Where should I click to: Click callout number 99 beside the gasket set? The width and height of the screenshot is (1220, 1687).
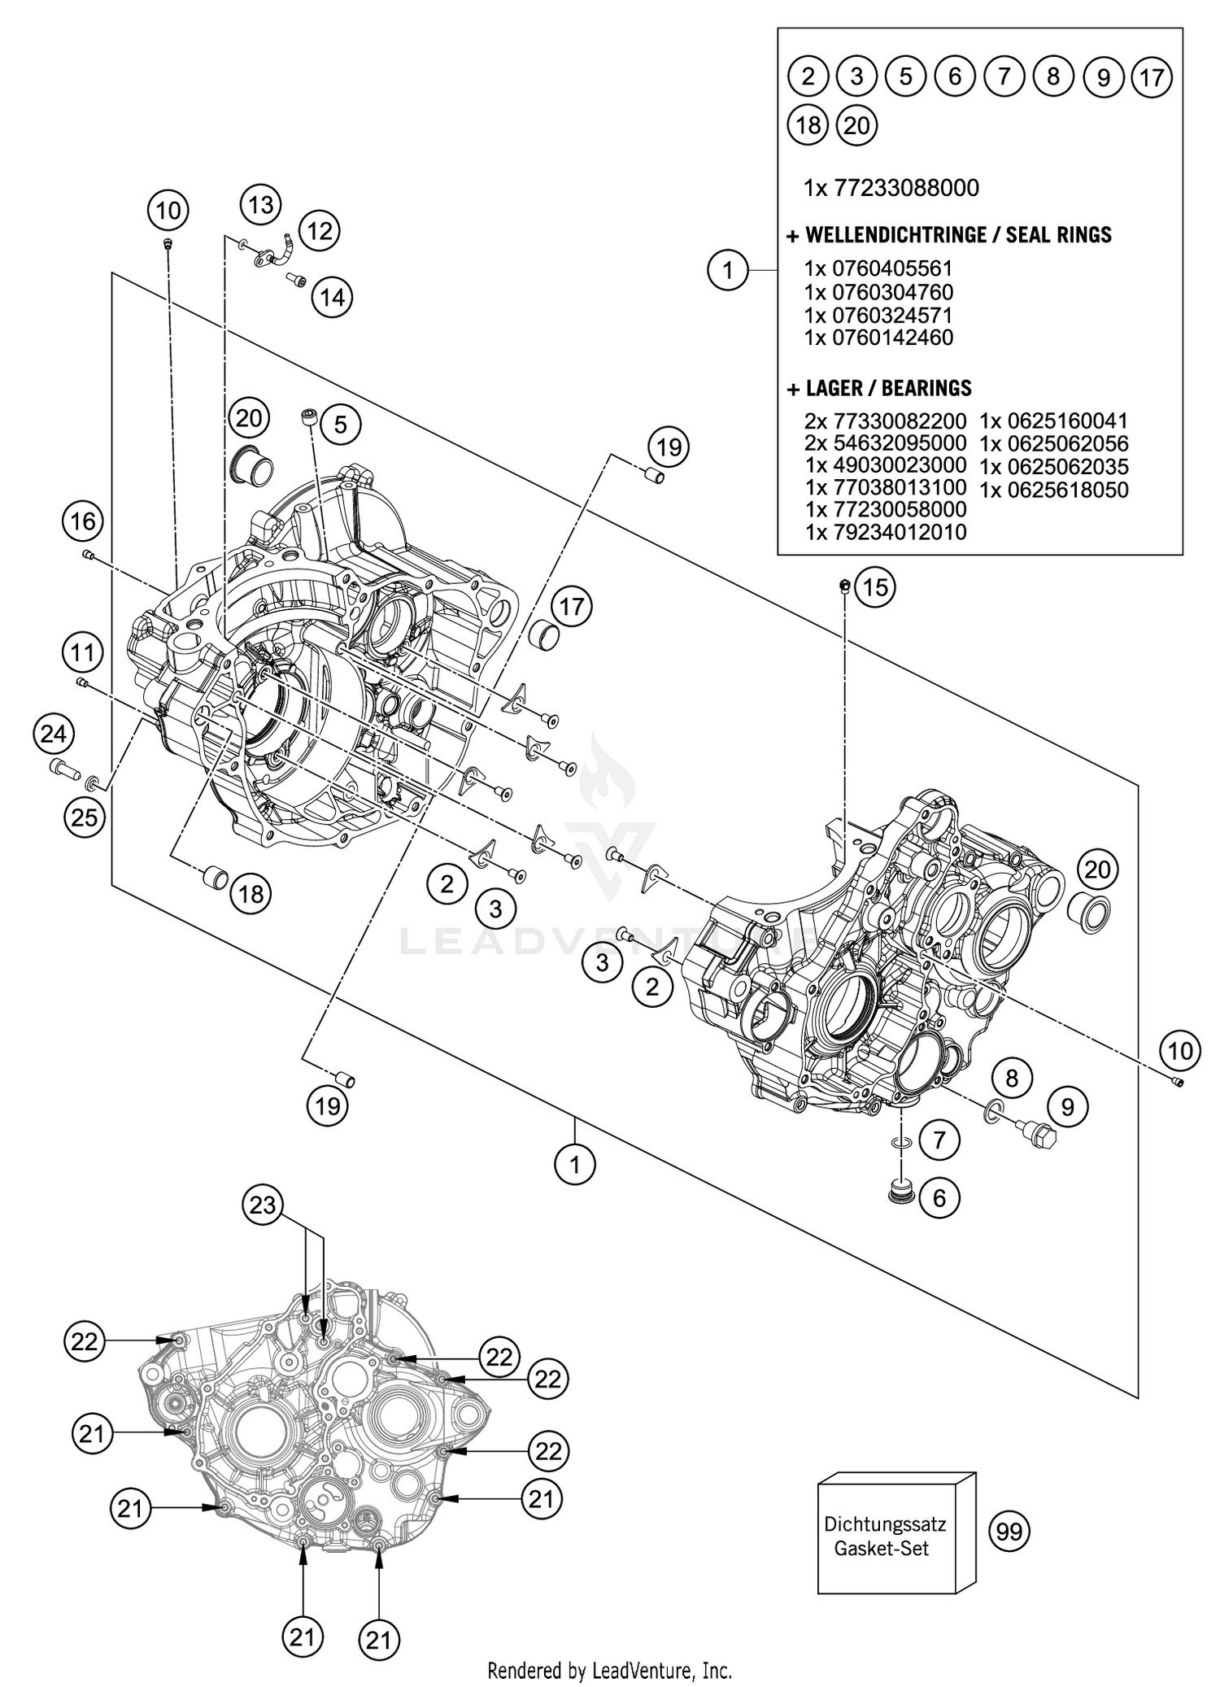1009,1532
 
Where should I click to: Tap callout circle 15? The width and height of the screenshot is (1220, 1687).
875,587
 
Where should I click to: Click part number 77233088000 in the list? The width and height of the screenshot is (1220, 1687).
891,188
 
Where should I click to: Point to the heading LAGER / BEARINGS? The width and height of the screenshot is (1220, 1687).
878,388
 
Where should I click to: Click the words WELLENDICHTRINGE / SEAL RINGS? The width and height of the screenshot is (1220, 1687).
949,235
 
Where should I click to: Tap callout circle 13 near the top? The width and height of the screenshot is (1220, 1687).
261,204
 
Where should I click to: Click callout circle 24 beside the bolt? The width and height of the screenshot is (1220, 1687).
54,735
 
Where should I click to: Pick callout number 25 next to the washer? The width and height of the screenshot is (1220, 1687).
85,817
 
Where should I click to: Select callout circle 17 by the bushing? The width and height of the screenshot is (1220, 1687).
572,607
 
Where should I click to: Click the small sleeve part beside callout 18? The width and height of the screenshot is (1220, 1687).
215,878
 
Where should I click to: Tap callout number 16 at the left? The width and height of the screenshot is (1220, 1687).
83,521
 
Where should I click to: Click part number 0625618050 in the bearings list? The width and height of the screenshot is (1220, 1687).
1053,490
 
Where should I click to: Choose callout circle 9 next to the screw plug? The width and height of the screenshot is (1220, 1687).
1068,1106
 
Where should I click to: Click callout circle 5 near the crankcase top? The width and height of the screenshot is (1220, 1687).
340,424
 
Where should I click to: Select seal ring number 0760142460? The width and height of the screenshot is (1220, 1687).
878,338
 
